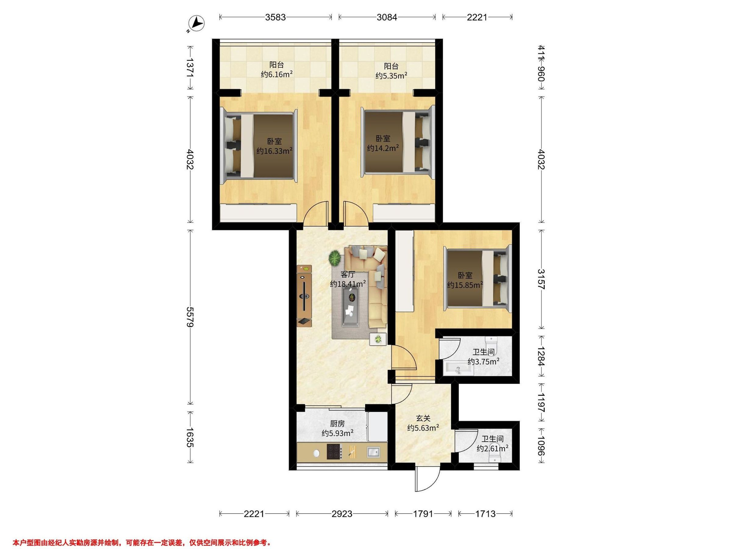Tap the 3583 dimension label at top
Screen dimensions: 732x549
(x=275, y=17)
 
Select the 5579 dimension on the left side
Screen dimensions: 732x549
(x=190, y=317)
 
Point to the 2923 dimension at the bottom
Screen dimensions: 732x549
(x=342, y=514)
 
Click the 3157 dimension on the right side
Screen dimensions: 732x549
(x=541, y=279)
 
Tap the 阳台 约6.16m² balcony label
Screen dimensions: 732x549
(x=277, y=70)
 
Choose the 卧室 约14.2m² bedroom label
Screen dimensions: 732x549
(x=382, y=143)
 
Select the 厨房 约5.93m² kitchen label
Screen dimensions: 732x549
(x=338, y=428)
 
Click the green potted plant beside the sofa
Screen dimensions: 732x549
(x=335, y=257)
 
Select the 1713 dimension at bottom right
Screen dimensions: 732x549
(x=485, y=514)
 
